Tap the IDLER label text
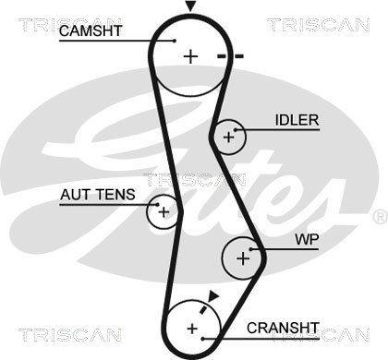[297, 120]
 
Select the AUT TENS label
[97, 195]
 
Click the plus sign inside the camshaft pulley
[191, 57]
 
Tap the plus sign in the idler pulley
[228, 137]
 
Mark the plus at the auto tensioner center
[164, 212]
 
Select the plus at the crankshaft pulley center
[193, 328]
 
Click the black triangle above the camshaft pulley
[191, 6]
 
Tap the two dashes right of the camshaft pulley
[230, 57]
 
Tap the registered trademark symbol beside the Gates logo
[379, 217]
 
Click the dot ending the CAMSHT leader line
[174, 41]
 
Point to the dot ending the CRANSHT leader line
[205, 337]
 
